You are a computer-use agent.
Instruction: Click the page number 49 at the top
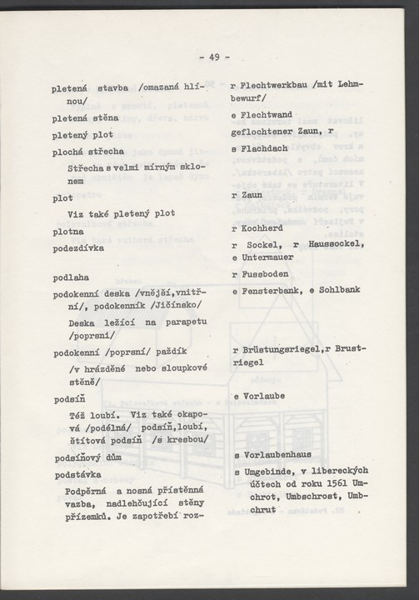(214, 57)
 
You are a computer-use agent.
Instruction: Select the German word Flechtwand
(272, 117)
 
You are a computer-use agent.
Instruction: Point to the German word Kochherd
(265, 227)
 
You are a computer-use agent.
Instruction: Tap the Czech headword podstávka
(79, 474)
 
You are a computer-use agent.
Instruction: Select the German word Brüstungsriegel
(282, 351)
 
